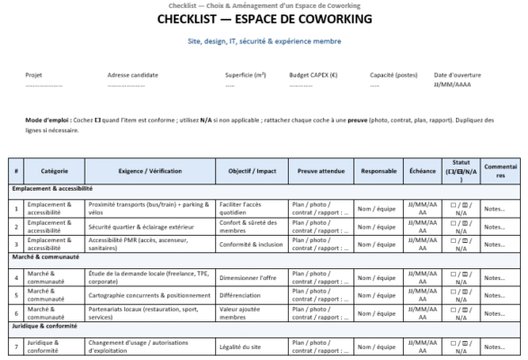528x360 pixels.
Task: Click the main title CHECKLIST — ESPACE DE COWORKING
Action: click(x=264, y=19)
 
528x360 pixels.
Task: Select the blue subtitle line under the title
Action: click(x=264, y=40)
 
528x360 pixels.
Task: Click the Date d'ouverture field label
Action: click(x=455, y=76)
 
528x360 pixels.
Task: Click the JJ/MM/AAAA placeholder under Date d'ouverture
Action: click(x=450, y=86)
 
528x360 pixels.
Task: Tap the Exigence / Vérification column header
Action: click(x=150, y=171)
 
